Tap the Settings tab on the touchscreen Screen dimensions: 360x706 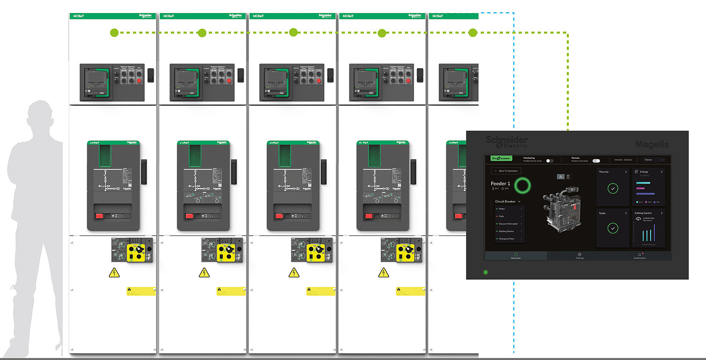[580, 256]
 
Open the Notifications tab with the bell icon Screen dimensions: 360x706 [639, 256]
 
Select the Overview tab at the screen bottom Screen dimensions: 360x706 [515, 256]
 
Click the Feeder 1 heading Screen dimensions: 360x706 [500, 184]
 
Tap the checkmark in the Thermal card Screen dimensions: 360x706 [613, 189]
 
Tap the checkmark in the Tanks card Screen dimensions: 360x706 [613, 228]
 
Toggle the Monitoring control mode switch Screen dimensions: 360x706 [550, 161]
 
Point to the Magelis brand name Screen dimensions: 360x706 [652, 144]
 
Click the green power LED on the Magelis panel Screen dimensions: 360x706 [486, 272]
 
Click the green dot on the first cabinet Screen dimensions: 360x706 [114, 33]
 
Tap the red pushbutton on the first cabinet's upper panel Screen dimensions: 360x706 [139, 80]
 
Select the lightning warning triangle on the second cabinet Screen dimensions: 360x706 [204, 273]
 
